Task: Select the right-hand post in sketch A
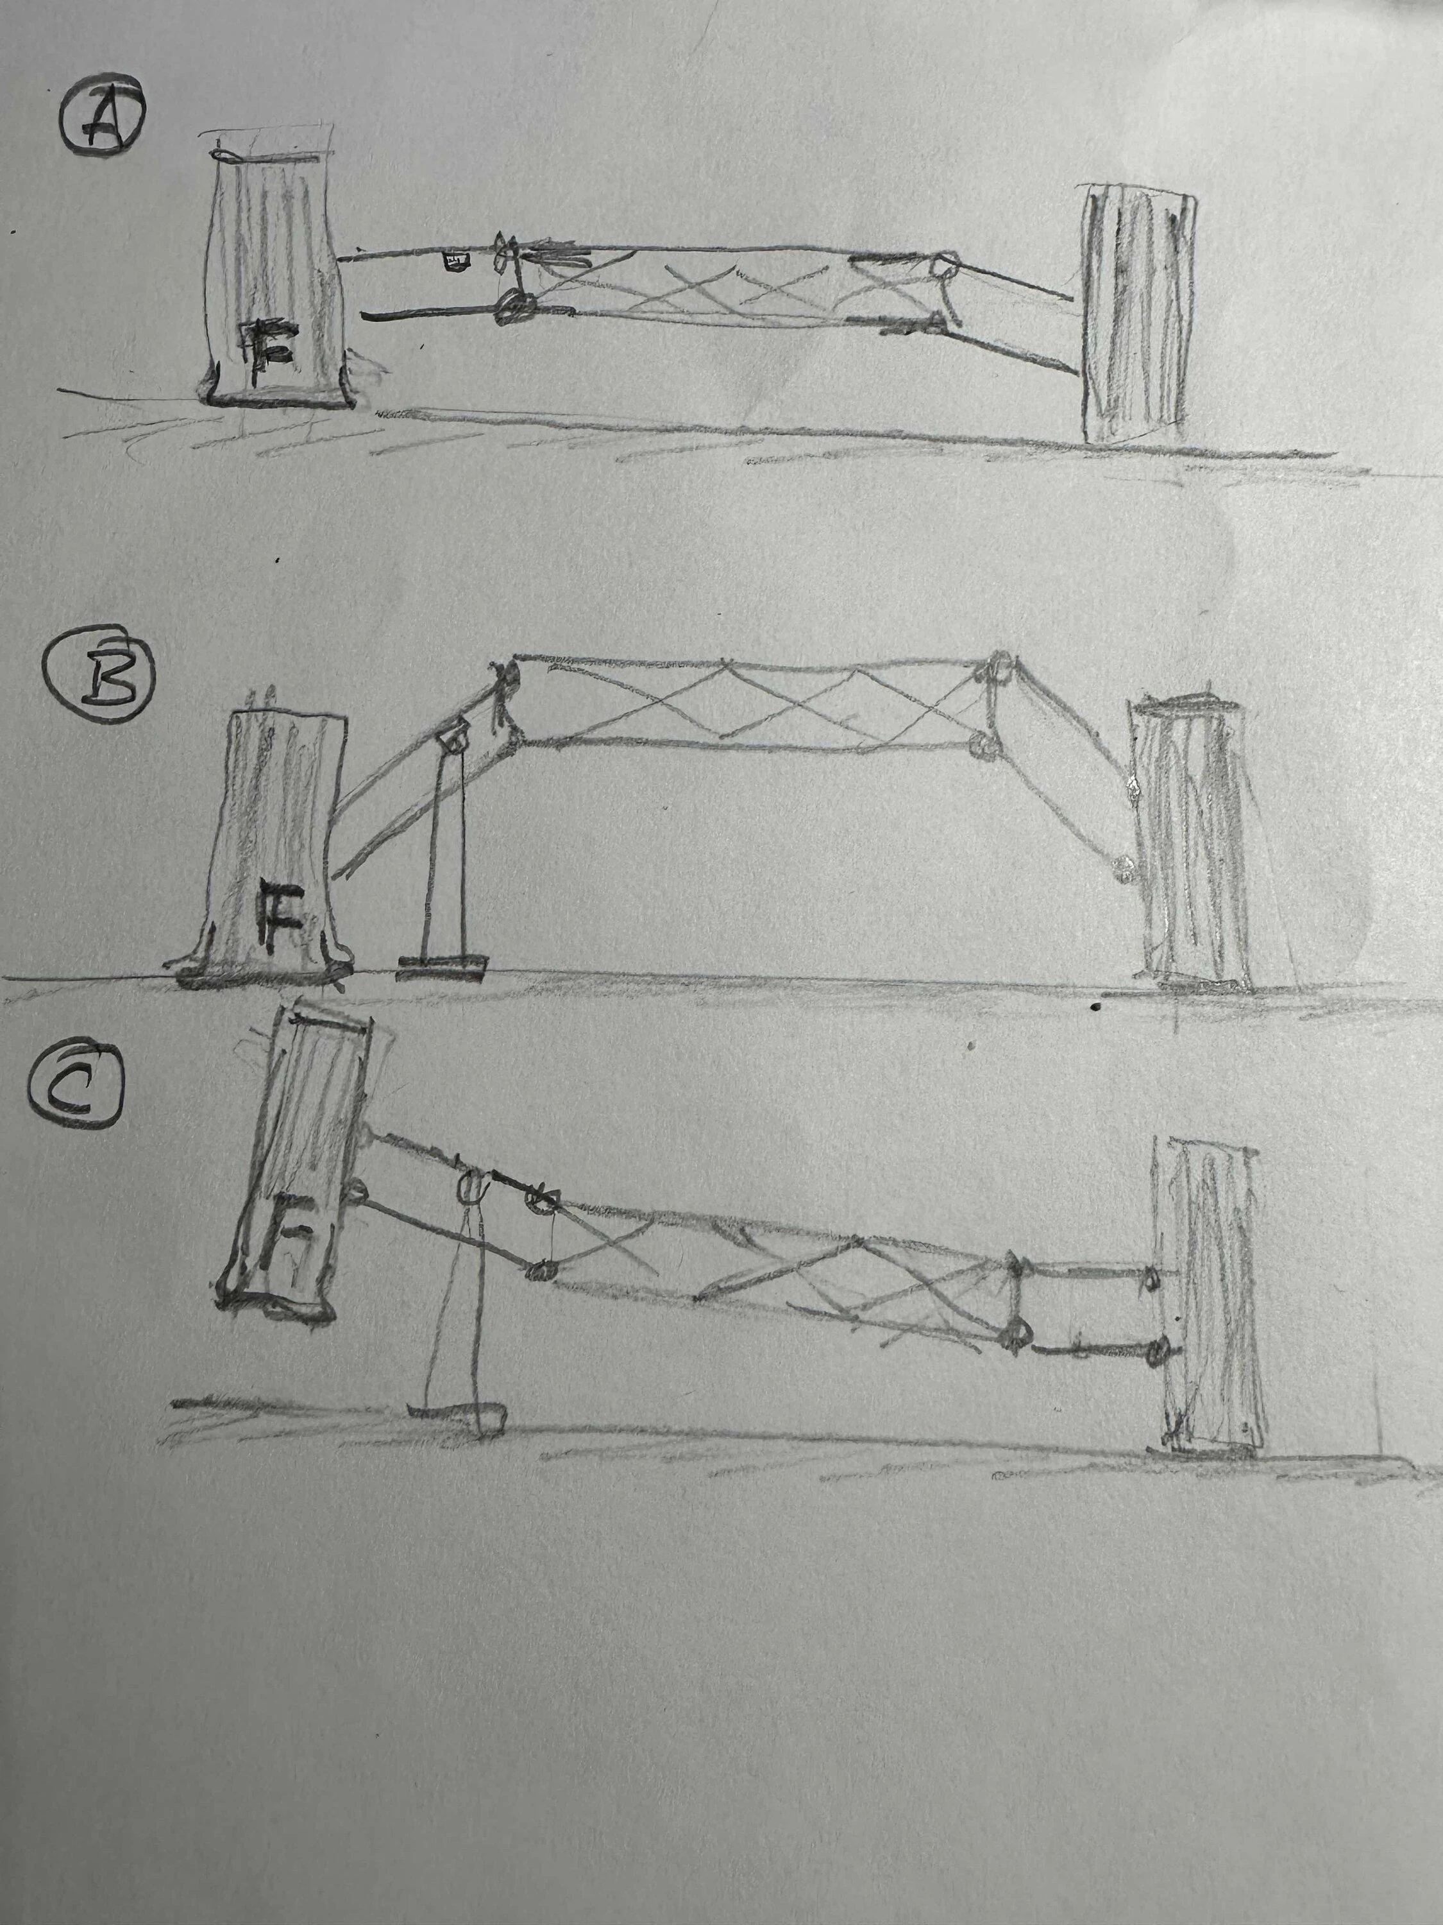tap(1137, 312)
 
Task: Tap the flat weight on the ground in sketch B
tap(441, 968)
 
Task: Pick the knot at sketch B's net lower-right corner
tap(983, 746)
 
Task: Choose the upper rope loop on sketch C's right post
tap(1150, 1277)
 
